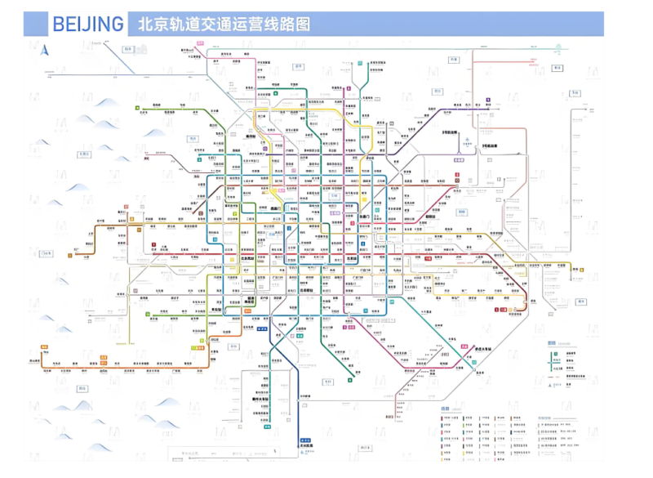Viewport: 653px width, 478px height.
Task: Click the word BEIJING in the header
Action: pyautogui.click(x=88, y=24)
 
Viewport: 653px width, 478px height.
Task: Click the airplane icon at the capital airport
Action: pyautogui.click(x=466, y=140)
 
